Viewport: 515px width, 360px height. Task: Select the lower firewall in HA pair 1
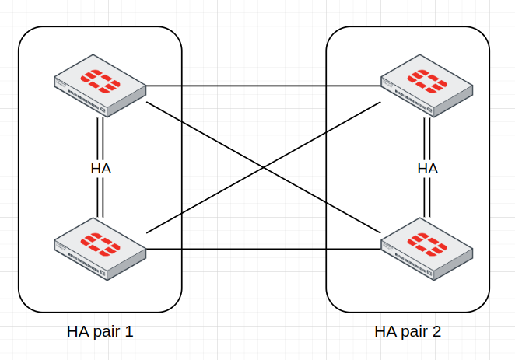point(100,244)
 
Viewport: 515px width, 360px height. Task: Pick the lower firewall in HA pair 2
point(427,244)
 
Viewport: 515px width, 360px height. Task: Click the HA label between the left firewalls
point(100,169)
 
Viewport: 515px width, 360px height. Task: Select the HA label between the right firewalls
point(427,169)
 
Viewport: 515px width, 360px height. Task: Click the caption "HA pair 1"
point(100,332)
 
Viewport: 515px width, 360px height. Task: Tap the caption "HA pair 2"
point(408,332)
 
